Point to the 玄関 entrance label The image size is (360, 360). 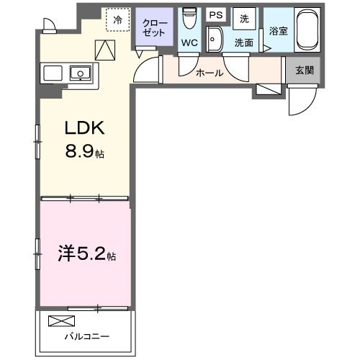305,71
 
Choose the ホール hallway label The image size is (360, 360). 209,73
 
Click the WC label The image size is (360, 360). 189,43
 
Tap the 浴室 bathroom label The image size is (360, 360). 278,32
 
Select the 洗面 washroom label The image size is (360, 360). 243,43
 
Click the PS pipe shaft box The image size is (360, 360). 215,15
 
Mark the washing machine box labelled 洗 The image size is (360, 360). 244,18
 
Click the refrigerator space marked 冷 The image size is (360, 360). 117,20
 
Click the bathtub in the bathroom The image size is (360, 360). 310,31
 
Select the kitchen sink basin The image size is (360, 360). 79,72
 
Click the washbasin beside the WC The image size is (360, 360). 213,39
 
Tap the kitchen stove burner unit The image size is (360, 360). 53,73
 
